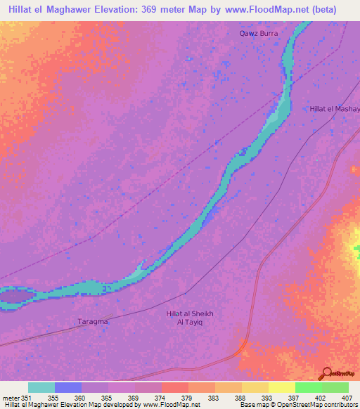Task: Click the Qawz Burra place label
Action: [x=259, y=33]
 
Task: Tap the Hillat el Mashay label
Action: [x=335, y=109]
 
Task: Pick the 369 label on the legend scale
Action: [x=134, y=396]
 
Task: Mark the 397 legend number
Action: [x=294, y=396]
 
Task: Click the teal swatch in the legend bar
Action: [x=41, y=387]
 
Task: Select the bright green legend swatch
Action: [x=308, y=387]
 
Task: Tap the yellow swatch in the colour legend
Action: [x=281, y=387]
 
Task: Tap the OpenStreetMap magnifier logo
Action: [x=326, y=372]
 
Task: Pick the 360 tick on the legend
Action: [x=82, y=396]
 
